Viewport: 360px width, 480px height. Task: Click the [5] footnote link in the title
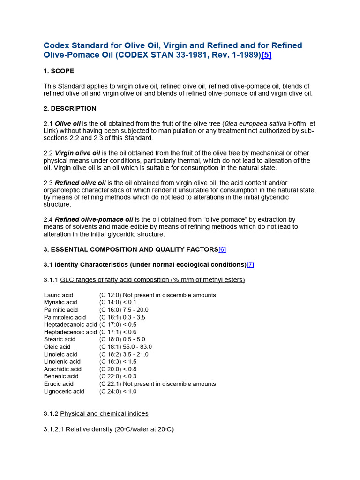pyautogui.click(x=266, y=55)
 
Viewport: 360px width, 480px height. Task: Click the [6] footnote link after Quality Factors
pyautogui.click(x=222, y=250)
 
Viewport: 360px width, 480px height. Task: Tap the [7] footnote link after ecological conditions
pyautogui.click(x=250, y=265)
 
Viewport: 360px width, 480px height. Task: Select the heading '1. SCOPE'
pyautogui.click(x=59, y=71)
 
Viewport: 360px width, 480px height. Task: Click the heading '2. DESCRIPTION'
pyautogui.click(x=70, y=109)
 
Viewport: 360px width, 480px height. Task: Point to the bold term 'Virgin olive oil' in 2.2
pyautogui.click(x=77, y=153)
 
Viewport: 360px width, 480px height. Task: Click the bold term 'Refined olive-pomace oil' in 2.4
pyautogui.click(x=94, y=219)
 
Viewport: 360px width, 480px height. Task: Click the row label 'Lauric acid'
pyautogui.click(x=59, y=295)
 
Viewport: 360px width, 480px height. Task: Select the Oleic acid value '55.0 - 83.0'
pyautogui.click(x=137, y=347)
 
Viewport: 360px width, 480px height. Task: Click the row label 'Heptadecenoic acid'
pyautogui.click(x=70, y=332)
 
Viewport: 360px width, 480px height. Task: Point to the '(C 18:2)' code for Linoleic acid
pyautogui.click(x=110, y=354)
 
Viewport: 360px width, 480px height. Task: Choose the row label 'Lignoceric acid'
pyautogui.click(x=64, y=391)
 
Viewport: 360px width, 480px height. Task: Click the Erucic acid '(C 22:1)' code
pyautogui.click(x=110, y=384)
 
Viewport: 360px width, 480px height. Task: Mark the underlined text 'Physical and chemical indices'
pyautogui.click(x=104, y=414)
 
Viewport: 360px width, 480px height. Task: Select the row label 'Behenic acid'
pyautogui.click(x=61, y=376)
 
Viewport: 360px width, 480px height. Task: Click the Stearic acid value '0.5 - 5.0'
pyautogui.click(x=134, y=339)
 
